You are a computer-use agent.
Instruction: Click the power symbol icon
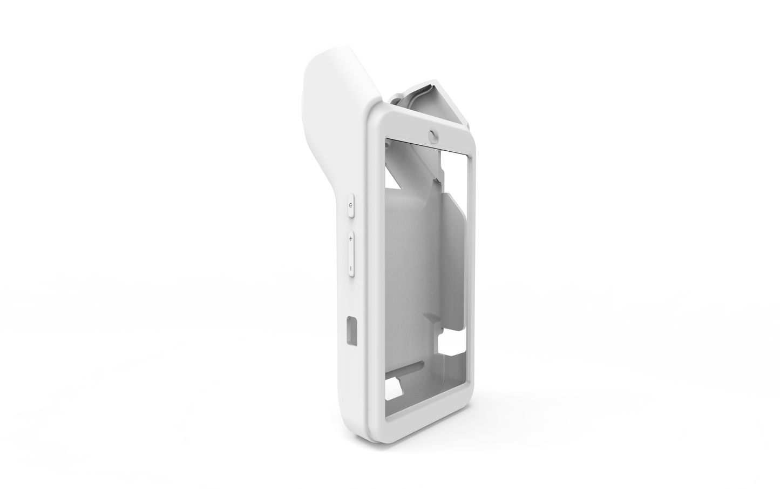click(x=351, y=206)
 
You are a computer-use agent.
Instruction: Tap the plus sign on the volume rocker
click(x=351, y=238)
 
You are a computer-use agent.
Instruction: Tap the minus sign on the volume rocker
click(x=351, y=267)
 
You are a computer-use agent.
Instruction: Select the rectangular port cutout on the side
click(x=352, y=330)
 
